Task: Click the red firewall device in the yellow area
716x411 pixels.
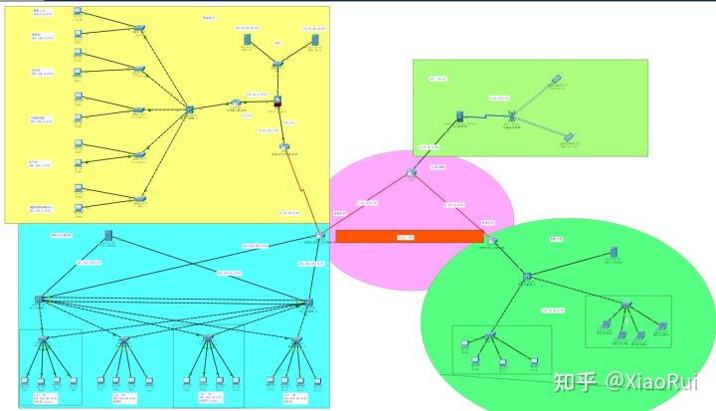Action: point(279,103)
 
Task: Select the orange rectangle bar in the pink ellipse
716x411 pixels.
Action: point(409,236)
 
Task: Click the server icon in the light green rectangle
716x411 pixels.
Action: point(461,116)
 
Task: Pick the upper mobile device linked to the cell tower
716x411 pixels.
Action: point(557,78)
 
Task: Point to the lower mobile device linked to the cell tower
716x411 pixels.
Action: point(568,137)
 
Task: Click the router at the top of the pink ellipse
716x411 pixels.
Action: point(413,175)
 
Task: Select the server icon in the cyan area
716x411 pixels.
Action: point(107,236)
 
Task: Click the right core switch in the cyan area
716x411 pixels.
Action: point(309,302)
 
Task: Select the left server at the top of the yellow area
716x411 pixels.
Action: point(245,42)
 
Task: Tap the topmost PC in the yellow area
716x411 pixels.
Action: point(79,13)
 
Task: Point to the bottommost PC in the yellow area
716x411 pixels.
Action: point(79,188)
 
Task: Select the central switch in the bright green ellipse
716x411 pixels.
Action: point(528,275)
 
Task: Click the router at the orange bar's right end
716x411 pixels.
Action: point(491,239)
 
